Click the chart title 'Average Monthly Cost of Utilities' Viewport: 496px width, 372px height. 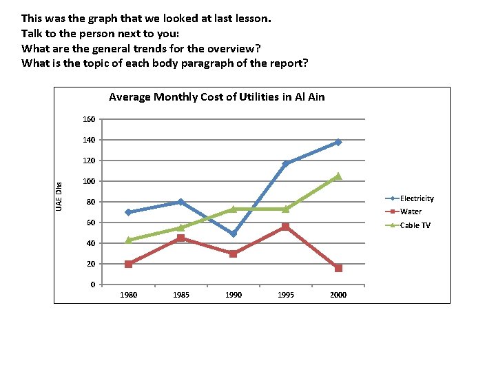216,97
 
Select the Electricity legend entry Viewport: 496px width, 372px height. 417,198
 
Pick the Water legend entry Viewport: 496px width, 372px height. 411,211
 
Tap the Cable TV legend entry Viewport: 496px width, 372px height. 415,225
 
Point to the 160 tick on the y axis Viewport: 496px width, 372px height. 89,119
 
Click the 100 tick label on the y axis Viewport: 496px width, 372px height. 89,181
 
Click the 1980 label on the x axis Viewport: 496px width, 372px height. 129,295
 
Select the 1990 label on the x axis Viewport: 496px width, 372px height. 234,295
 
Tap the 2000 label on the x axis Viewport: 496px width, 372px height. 338,295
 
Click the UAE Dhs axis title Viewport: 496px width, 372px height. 59,196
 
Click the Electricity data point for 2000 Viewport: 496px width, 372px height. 338,142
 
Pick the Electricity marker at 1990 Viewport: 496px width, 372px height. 234,234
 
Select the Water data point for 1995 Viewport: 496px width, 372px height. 286,227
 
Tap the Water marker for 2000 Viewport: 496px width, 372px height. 338,268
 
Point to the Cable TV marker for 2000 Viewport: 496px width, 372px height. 338,176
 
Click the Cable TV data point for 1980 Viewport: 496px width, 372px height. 129,240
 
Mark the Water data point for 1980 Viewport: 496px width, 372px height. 129,264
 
